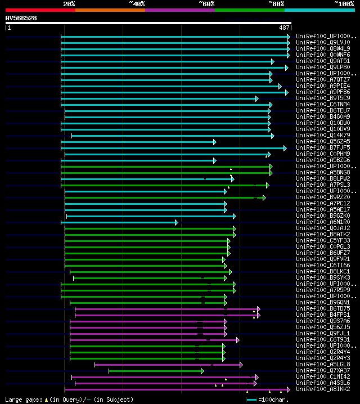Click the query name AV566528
[21, 18]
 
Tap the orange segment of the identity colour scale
[110, 10]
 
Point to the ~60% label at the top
[206, 3]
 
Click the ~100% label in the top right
[344, 3]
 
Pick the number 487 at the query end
[284, 28]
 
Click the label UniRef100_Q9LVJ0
[322, 42]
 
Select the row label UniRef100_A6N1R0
[323, 222]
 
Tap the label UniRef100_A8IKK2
[323, 389]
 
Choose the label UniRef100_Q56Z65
[323, 142]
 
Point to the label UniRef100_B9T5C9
[323, 98]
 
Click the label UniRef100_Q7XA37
[323, 371]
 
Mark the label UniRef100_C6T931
[323, 340]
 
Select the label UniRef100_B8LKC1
[323, 271]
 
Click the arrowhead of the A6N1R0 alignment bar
[176, 222]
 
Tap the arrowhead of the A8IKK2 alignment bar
[288, 389]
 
